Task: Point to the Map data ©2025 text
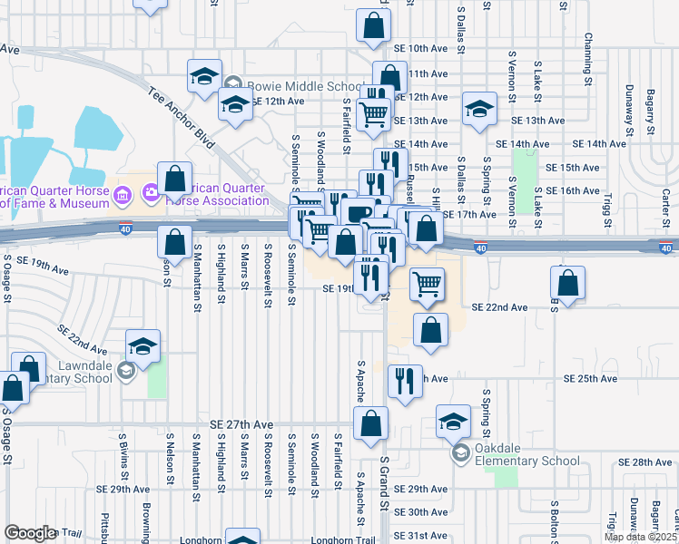tap(641, 537)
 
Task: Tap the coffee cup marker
tap(359, 215)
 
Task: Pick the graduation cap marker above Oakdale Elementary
tap(453, 421)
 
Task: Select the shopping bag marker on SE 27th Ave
tap(370, 423)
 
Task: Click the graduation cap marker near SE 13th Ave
tap(479, 109)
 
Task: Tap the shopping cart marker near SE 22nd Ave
tap(426, 285)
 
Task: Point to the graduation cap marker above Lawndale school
tap(143, 345)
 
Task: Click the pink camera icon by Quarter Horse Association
tap(151, 193)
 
